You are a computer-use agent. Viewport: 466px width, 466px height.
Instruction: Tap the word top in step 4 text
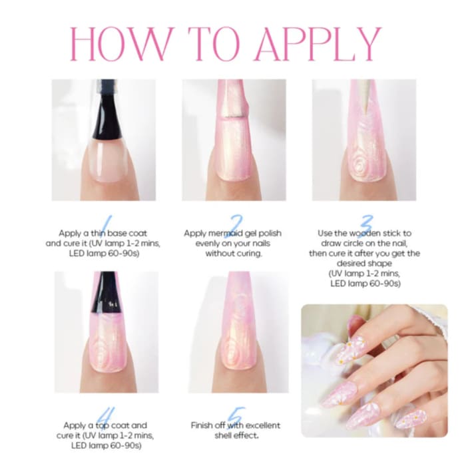tap(102, 426)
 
